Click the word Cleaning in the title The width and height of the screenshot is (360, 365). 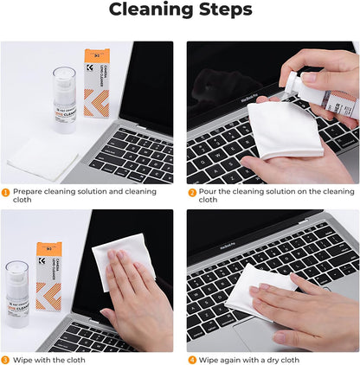click(149, 10)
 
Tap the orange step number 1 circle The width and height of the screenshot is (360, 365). click(5, 192)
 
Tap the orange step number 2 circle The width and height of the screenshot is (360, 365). click(192, 192)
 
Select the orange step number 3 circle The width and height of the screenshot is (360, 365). click(5, 359)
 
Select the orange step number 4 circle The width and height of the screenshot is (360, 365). click(192, 359)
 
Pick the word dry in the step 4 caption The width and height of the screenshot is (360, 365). click(276, 359)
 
